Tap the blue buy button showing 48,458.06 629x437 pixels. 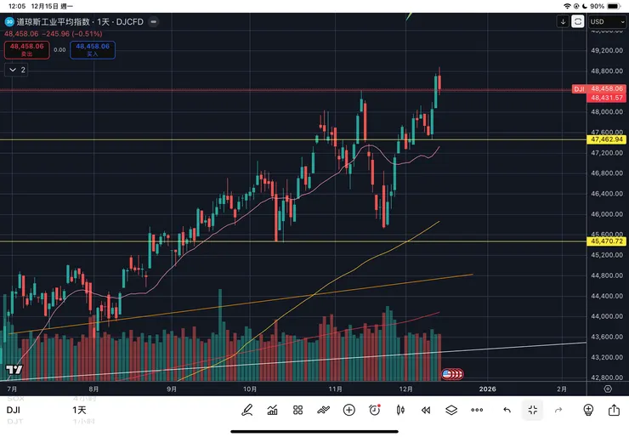point(92,49)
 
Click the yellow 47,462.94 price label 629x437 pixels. point(606,139)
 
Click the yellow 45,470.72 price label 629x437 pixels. point(606,241)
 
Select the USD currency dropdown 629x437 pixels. point(606,22)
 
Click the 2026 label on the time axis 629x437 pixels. point(487,389)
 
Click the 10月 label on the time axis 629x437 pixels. point(250,389)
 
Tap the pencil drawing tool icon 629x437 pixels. point(247,410)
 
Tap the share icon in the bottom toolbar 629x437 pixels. point(614,410)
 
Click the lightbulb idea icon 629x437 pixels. point(587,410)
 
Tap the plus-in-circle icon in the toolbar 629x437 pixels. point(348,410)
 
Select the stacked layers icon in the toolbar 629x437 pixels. point(451,410)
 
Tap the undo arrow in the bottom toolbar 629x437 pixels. point(507,410)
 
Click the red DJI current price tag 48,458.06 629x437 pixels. point(606,88)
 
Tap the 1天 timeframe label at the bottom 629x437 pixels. point(79,410)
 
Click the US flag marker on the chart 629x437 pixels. point(447,373)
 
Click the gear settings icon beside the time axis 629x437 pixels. point(608,389)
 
